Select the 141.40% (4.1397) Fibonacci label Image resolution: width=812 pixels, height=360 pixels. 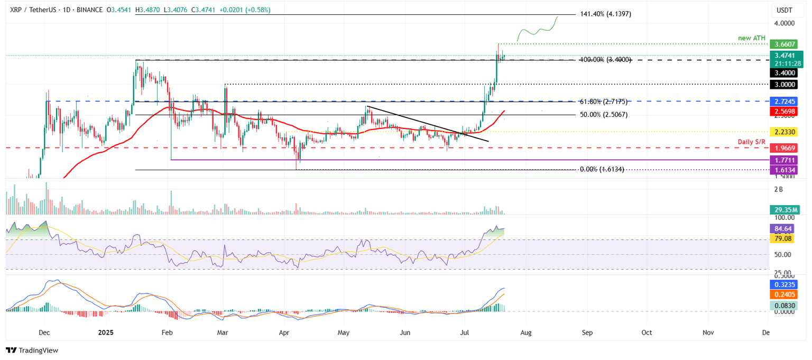[x=605, y=14]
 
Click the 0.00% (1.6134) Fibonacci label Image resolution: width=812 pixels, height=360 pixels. [x=602, y=169]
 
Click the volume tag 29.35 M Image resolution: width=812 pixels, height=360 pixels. [x=783, y=210]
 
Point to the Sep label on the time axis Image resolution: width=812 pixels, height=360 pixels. [x=587, y=333]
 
